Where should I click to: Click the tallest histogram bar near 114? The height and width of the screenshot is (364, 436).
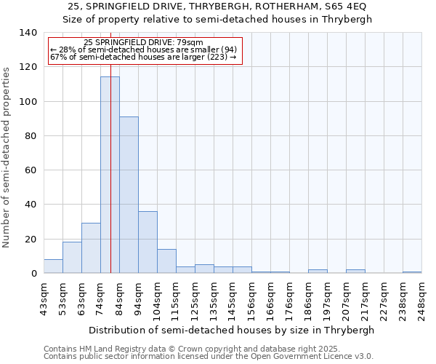(x=110, y=175)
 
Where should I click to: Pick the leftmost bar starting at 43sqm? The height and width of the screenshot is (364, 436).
(x=53, y=266)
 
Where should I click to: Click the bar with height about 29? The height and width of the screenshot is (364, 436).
(x=91, y=248)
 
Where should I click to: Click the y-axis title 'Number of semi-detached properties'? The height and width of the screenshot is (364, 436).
(x=7, y=157)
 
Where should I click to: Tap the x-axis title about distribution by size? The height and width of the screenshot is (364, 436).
(x=233, y=330)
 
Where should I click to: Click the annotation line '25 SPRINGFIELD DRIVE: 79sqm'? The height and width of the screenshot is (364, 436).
(x=144, y=43)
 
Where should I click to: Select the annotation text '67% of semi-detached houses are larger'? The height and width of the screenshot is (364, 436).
(x=143, y=57)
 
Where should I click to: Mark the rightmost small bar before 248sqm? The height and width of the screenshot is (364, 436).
(x=412, y=272)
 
